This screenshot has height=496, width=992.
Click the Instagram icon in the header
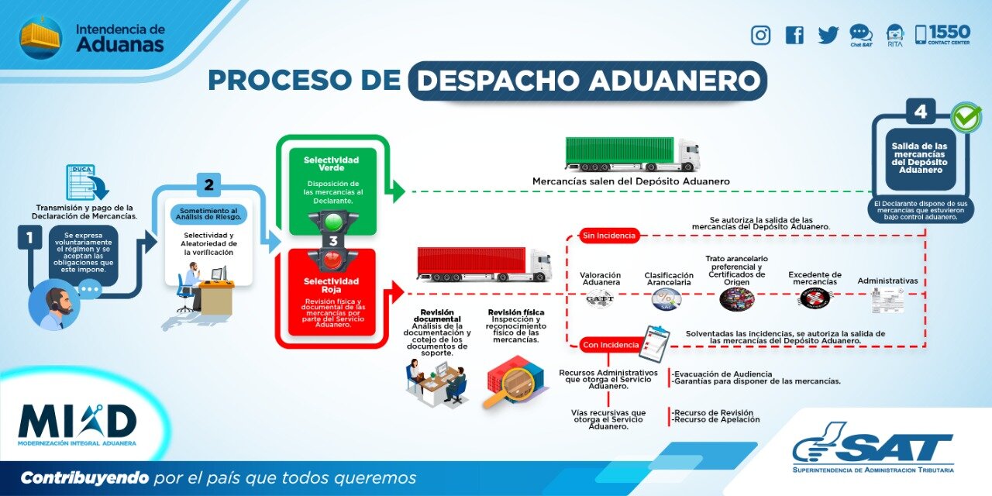761,35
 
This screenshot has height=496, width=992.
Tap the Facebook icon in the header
794,35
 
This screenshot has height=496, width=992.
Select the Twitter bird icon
828,35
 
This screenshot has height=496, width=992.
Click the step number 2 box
208,185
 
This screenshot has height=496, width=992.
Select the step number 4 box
921,112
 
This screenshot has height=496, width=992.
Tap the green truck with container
632,153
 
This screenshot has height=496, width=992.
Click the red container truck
484,263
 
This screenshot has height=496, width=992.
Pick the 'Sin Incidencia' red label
609,235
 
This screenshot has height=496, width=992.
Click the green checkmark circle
966,118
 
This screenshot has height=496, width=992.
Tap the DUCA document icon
86,183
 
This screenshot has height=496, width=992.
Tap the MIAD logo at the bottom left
77,423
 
